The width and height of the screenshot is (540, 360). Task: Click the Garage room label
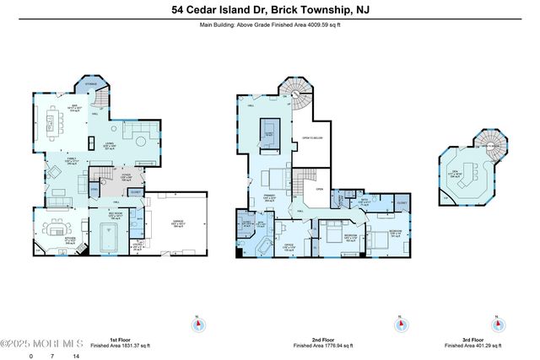click(x=177, y=223)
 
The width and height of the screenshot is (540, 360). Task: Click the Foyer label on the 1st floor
click(x=125, y=177)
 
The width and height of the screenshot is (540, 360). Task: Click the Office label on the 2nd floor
click(x=289, y=246)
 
